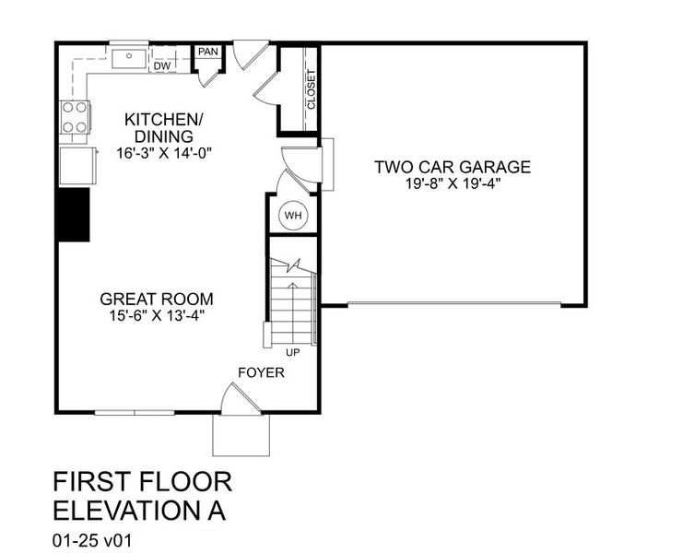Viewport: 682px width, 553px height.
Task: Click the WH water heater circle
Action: pos(293,216)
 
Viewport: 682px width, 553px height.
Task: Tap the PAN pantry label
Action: pos(207,52)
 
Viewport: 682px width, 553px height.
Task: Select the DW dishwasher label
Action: pos(162,66)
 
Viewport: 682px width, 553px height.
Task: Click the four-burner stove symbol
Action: pos(75,118)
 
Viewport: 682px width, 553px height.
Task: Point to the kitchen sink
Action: pos(129,58)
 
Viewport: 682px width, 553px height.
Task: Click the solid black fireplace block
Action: pos(74,215)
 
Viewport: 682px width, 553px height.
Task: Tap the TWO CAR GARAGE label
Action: pos(452,167)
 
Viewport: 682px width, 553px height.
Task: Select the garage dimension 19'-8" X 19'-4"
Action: pos(452,183)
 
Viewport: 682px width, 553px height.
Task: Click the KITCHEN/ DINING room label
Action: pos(162,128)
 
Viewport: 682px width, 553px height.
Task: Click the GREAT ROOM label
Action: pos(157,299)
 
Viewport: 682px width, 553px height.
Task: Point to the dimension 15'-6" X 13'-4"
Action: pos(157,316)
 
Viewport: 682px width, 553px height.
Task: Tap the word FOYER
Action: pos(261,373)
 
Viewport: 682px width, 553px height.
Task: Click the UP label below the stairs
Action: pos(292,352)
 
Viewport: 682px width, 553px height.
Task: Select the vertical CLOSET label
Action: pos(311,89)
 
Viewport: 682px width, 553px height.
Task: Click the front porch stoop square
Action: pos(241,435)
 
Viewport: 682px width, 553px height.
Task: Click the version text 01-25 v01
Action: pos(93,537)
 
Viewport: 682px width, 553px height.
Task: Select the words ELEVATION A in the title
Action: pos(138,510)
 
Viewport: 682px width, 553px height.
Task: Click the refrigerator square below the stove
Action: pos(76,166)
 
